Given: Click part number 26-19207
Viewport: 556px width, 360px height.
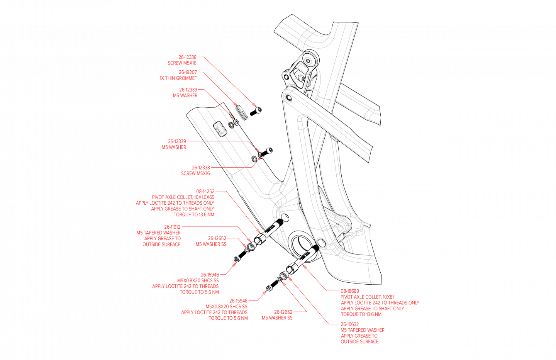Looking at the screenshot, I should [188, 72].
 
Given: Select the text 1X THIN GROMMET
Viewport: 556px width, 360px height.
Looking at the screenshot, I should [178, 78].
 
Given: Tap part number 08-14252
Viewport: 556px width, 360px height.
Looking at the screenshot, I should [205, 191].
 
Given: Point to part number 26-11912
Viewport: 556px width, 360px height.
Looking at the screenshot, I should [172, 227].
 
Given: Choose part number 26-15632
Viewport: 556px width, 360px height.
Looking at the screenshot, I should [349, 324].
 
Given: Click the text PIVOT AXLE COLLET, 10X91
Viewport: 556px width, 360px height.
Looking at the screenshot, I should [367, 297].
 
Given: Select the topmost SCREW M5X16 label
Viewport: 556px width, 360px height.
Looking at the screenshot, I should [182, 63].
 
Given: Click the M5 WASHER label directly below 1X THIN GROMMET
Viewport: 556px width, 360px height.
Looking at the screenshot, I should [185, 95].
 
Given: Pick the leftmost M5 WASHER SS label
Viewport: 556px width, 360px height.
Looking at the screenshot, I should [211, 244].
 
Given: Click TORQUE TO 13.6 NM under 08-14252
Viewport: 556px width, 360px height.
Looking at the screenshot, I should [194, 215].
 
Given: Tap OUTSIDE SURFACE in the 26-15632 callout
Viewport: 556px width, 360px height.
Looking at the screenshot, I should [359, 341].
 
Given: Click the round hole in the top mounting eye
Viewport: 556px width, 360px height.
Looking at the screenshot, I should [308, 61].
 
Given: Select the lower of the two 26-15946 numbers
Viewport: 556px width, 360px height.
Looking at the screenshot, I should [238, 301].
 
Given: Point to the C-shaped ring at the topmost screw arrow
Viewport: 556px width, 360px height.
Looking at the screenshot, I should [259, 110].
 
